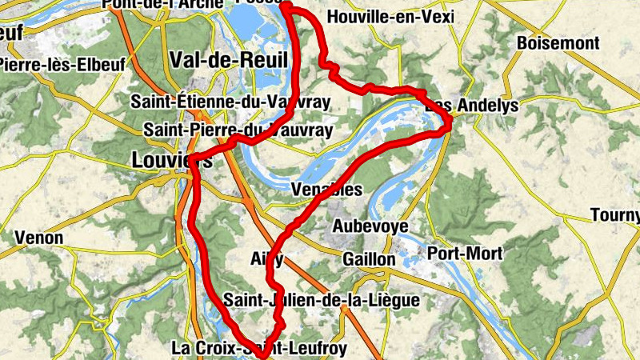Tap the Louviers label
point(170,160)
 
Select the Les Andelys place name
point(472,106)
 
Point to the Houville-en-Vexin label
point(390,17)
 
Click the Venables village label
point(327,190)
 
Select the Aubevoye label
point(370,226)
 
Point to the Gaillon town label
point(368,260)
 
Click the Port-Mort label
point(466,254)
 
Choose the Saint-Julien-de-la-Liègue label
point(321,301)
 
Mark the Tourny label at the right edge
point(615,214)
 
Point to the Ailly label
point(266,258)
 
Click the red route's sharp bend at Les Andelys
point(450,123)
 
